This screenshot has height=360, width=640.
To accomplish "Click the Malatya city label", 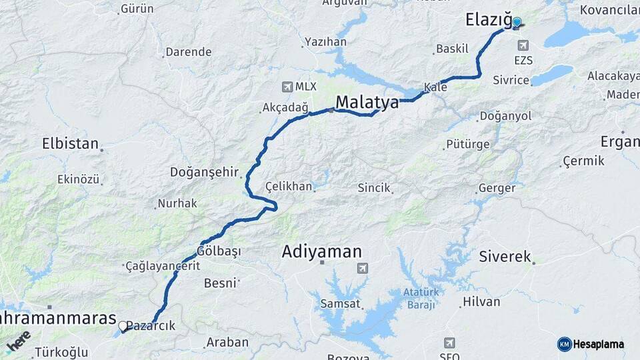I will (367, 103).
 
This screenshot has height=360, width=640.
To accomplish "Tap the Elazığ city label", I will (488, 21).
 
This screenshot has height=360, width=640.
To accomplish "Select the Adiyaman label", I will (322, 252).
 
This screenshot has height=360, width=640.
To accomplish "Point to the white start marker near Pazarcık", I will (123, 326).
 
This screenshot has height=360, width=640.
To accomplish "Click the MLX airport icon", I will (287, 87).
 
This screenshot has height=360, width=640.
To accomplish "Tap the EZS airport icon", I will (523, 45).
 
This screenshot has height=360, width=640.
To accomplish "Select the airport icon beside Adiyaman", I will (362, 268).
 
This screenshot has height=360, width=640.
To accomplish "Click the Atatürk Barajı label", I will (419, 298).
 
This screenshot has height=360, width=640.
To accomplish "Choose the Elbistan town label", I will (70, 143).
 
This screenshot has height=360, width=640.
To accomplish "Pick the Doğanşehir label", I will (204, 172).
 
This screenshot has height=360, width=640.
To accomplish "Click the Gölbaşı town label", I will (219, 251).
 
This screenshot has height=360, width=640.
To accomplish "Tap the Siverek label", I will (505, 257).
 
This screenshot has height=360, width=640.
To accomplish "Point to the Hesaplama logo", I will (591, 344).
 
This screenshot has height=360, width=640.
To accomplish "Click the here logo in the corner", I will (18, 341).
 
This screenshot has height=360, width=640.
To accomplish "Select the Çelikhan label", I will (289, 187).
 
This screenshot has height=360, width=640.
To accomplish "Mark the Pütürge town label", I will (468, 144).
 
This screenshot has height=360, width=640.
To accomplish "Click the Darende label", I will (188, 52).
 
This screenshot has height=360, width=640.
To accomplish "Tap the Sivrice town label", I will (511, 81).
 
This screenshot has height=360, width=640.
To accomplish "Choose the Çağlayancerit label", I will (163, 266).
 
